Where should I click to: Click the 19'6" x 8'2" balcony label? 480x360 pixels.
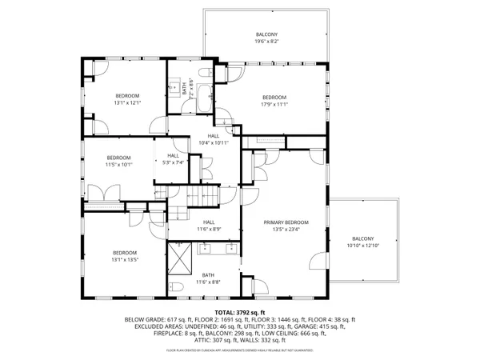pyautogui.click(x=266, y=39)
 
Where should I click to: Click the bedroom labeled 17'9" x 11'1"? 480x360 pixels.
pyautogui.click(x=274, y=101)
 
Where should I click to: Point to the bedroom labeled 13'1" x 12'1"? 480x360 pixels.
pyautogui.click(x=127, y=99)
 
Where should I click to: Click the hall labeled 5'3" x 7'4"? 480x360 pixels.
pyautogui.click(x=172, y=159)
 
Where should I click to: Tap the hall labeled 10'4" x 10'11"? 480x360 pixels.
pyautogui.click(x=214, y=139)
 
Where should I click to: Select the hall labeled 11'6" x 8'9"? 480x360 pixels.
pyautogui.click(x=208, y=226)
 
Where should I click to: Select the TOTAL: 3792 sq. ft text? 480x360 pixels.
pyautogui.click(x=239, y=312)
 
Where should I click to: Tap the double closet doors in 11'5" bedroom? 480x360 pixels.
pyautogui.click(x=100, y=194)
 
